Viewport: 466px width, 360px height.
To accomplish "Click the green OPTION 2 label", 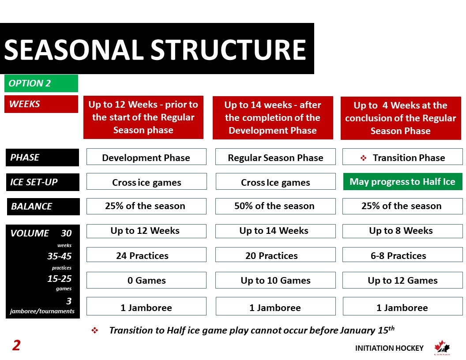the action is [x=41, y=83].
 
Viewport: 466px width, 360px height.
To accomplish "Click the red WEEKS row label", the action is [x=41, y=104].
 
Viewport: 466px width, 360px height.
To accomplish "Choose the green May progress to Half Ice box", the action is [x=403, y=181].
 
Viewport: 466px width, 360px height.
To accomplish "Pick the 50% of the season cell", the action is [x=275, y=206].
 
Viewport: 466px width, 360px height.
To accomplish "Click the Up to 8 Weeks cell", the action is [x=402, y=231].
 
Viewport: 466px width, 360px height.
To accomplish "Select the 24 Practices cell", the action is [x=146, y=255].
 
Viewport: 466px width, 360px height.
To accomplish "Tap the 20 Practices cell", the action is [x=275, y=255].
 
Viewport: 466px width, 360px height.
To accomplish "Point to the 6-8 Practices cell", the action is [x=402, y=255].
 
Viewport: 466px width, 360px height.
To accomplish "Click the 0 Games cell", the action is [x=146, y=280].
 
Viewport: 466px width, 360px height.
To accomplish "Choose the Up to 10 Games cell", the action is [x=275, y=280].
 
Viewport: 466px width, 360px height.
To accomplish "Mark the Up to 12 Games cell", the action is [x=402, y=280].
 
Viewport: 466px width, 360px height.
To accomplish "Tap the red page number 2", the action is [x=16, y=345].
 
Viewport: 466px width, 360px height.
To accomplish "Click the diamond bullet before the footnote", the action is [x=94, y=330].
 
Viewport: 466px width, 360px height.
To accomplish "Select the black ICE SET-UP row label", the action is [x=42, y=182].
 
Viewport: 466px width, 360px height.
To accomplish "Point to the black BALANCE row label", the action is [x=43, y=206].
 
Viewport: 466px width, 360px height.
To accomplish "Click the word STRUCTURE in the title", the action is [x=229, y=49].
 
